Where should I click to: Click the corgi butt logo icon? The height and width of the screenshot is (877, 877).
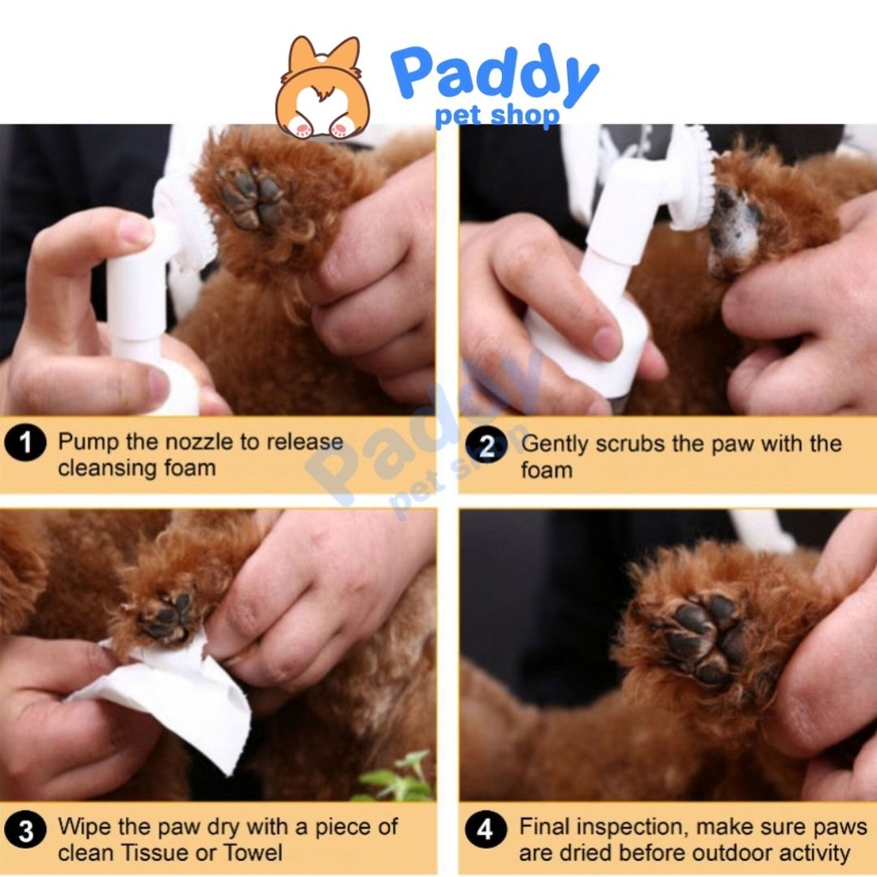pos(323,87)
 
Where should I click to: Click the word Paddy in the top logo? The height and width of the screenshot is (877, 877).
pos(494,76)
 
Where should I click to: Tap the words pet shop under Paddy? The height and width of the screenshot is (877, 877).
pos(497,116)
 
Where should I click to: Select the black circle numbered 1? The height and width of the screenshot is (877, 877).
pos(25,443)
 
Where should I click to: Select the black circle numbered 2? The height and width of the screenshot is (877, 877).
pos(486,446)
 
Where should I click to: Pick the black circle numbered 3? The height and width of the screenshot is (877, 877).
pos(25,831)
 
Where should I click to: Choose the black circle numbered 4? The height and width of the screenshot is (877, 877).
pos(486,828)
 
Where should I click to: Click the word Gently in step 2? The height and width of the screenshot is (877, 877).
pos(555,444)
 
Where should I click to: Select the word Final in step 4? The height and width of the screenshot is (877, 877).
pos(542,826)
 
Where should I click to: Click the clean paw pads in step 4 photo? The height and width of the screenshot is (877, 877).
pos(706,637)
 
